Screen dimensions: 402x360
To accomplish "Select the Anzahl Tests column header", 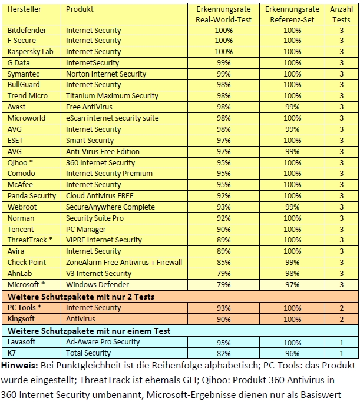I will pyautogui.click(x=341, y=14).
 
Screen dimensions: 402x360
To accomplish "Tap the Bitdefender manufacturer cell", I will pyautogui.click(x=27, y=29).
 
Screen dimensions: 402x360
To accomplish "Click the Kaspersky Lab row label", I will pyautogui.click(x=30, y=52).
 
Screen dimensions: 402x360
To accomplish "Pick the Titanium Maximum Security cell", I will pyautogui.click(x=112, y=96).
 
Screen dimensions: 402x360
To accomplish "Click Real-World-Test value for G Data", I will pyautogui.click(x=224, y=62).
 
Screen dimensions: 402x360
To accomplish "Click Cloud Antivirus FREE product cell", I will pyautogui.click(x=100, y=195).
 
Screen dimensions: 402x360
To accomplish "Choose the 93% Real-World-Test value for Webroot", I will pyautogui.click(x=224, y=207).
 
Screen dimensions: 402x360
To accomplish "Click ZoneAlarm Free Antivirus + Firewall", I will pyautogui.click(x=124, y=262).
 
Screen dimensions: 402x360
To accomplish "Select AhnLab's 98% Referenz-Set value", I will pyautogui.click(x=292, y=273).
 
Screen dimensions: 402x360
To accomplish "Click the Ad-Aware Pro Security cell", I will pyautogui.click(x=103, y=341).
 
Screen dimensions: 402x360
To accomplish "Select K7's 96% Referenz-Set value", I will pyautogui.click(x=292, y=353).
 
